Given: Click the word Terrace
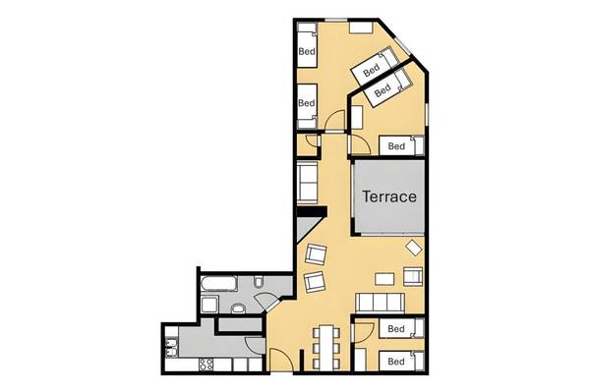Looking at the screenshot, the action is [x=389, y=196].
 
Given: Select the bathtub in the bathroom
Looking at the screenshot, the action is [x=218, y=284].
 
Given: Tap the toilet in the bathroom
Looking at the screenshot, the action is [x=258, y=281].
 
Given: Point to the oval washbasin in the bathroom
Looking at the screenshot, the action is [x=238, y=309].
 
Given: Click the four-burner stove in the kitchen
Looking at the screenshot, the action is [x=206, y=364].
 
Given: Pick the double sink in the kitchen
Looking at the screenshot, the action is [x=171, y=348].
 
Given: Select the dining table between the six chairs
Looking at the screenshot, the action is [x=327, y=347].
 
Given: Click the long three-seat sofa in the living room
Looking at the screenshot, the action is [x=381, y=303].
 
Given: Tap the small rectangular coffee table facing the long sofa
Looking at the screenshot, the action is [x=384, y=279].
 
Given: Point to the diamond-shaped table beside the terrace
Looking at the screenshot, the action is [x=414, y=248].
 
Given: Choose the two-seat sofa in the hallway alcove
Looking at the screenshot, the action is [x=307, y=182].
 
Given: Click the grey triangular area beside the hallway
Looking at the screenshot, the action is [x=305, y=230].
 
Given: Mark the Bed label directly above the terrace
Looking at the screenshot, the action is [x=396, y=145].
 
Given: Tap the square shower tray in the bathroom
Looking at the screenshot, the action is [x=209, y=305].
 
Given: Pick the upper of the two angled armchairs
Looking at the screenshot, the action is [x=317, y=254].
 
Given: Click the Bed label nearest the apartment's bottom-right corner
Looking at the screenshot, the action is [x=396, y=362].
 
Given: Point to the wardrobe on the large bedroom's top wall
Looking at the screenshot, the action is [x=361, y=28].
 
